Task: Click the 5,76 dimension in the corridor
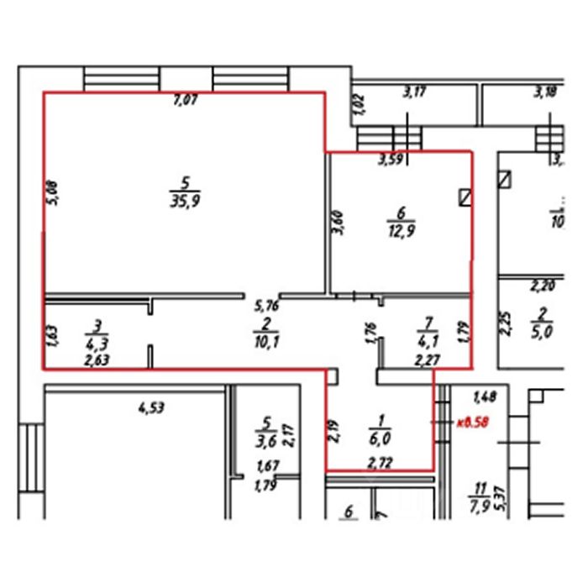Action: tap(266, 307)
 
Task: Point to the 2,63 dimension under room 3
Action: tap(97, 360)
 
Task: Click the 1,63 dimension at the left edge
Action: tap(52, 335)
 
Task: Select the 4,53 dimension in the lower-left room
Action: tap(150, 409)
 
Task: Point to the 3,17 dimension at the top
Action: tap(413, 93)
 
